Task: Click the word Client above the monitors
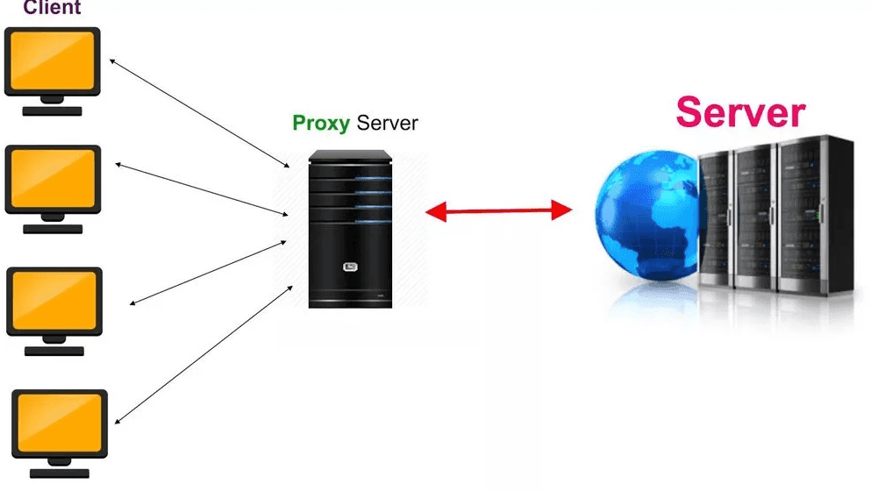click(x=52, y=7)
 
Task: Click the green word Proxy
click(x=321, y=124)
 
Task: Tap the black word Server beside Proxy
click(x=387, y=123)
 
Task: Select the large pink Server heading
click(x=740, y=112)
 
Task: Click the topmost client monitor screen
click(x=53, y=60)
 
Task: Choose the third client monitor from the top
click(x=54, y=302)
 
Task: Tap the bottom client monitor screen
click(x=60, y=423)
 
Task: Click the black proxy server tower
click(x=351, y=228)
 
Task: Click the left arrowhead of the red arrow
click(x=436, y=211)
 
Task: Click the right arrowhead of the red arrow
click(x=561, y=210)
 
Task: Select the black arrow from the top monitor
click(x=199, y=113)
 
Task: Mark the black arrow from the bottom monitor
click(x=203, y=355)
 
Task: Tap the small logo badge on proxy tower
click(x=350, y=267)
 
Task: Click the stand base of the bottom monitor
click(x=60, y=473)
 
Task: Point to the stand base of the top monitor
click(x=53, y=111)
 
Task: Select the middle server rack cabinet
click(x=754, y=217)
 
